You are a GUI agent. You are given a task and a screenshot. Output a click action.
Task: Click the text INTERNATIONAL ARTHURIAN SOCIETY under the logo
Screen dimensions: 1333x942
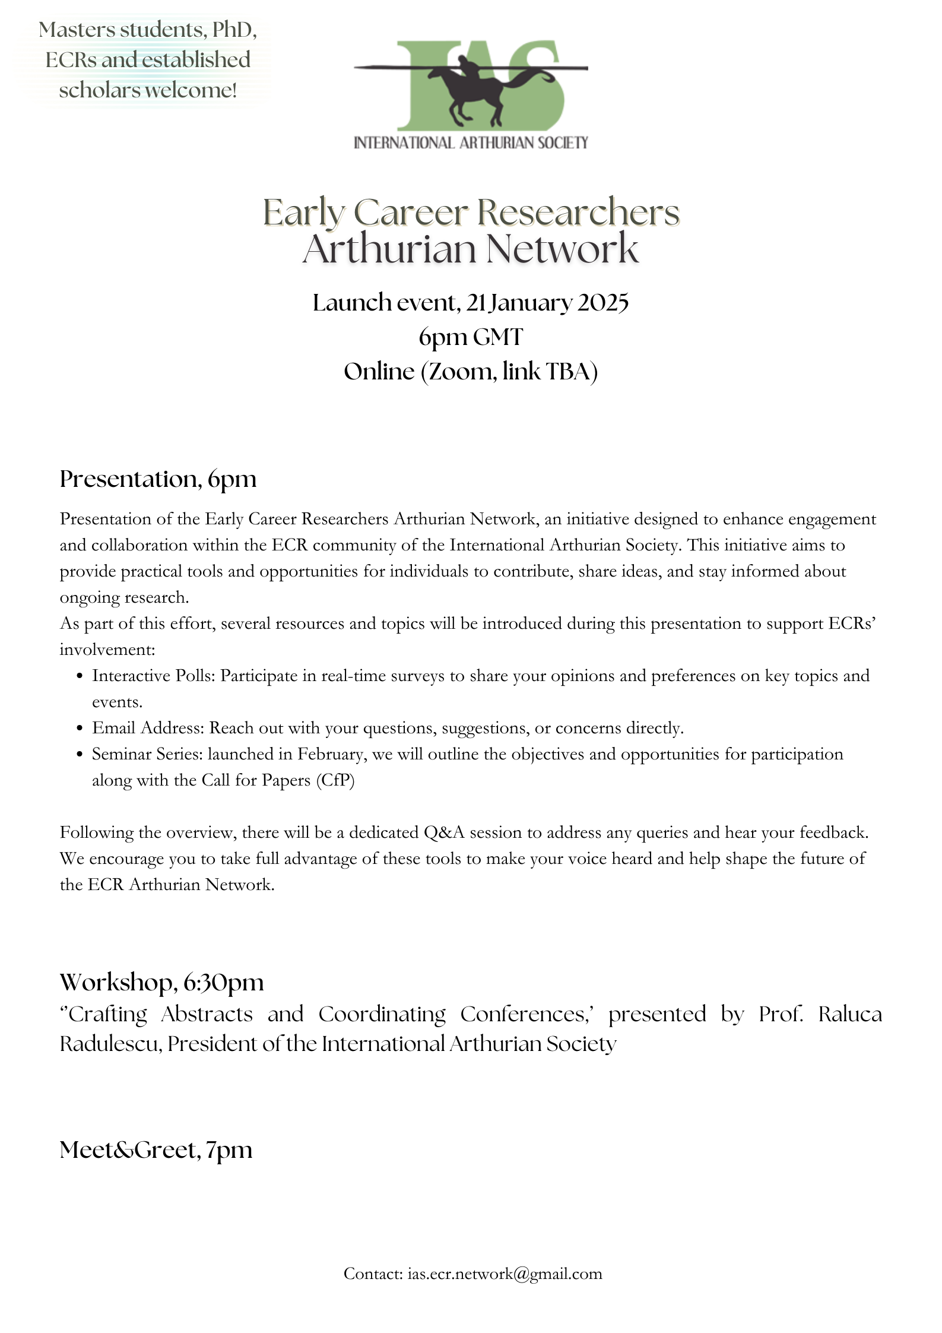pos(471,143)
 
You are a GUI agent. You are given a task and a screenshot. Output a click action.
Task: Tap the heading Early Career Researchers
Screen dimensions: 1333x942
pos(471,212)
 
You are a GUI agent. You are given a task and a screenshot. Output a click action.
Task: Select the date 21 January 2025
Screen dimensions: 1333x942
pos(547,303)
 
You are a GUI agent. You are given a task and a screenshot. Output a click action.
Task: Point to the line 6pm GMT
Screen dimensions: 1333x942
pos(471,337)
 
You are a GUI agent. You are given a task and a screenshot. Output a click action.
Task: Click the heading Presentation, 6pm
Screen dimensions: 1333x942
pos(158,479)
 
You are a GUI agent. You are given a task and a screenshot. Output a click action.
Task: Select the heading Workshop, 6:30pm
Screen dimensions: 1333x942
pos(161,982)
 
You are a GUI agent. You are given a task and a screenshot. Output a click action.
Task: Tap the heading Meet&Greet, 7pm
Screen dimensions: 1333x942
pos(156,1150)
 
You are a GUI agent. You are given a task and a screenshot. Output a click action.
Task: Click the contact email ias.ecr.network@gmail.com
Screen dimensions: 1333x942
pos(505,1274)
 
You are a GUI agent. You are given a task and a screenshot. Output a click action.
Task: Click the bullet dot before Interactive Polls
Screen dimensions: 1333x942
pos(80,676)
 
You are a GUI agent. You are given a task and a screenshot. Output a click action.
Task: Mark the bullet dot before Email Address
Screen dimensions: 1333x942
pos(80,729)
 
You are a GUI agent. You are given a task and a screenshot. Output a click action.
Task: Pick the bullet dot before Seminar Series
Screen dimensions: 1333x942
pos(80,755)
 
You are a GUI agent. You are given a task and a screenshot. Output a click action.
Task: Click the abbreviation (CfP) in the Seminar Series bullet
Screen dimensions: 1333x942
pos(335,780)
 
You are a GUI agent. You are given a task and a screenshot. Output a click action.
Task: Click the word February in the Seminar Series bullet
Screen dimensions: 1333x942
pos(331,754)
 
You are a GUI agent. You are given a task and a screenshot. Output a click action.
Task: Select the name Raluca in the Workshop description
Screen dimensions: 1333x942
pos(850,1014)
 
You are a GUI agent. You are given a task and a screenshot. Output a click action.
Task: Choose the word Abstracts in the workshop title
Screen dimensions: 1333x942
pos(207,1014)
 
